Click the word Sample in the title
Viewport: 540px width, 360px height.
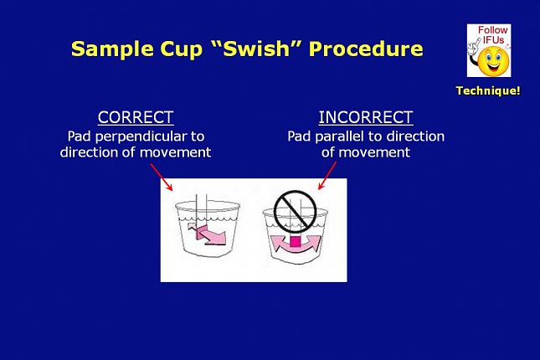tap(112, 49)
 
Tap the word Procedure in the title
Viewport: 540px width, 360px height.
tap(366, 49)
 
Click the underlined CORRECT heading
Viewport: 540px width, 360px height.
tap(136, 117)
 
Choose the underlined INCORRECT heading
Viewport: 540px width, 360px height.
tap(366, 117)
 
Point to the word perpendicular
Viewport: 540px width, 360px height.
tap(141, 136)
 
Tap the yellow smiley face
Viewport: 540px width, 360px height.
tap(493, 62)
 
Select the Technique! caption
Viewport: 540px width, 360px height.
tap(488, 90)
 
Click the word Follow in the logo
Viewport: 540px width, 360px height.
tap(493, 30)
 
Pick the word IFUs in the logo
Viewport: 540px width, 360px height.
tap(493, 40)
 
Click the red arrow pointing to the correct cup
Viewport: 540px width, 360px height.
tap(162, 177)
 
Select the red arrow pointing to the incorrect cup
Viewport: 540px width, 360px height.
tap(327, 175)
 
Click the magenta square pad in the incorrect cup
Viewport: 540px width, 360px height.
tap(296, 242)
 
